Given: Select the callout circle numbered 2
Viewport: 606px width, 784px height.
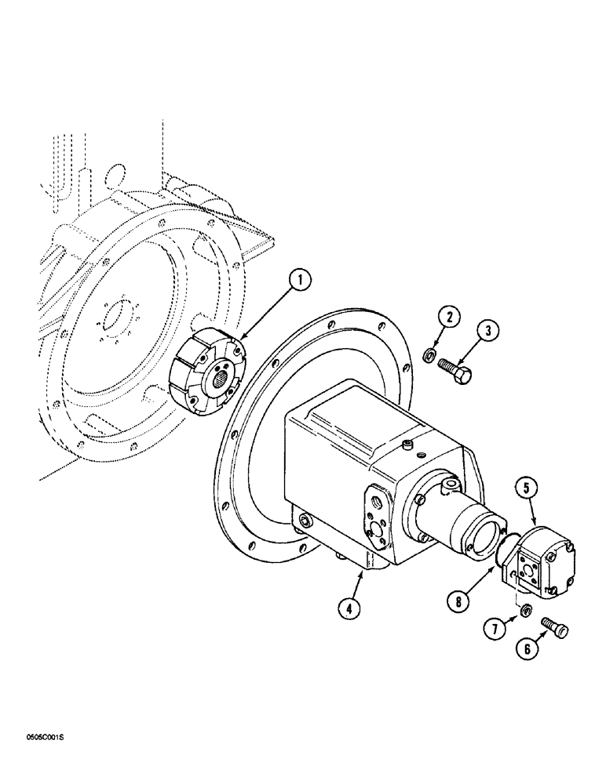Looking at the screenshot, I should click(450, 318).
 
